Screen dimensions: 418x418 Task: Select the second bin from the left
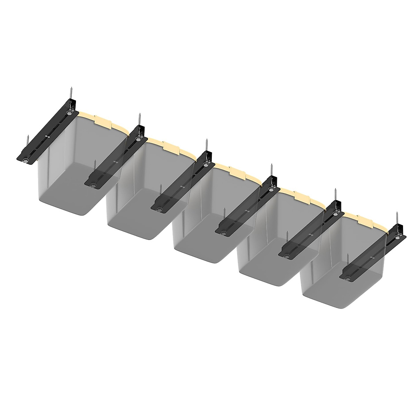click(x=139, y=209)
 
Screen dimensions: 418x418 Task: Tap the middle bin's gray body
click(x=202, y=237)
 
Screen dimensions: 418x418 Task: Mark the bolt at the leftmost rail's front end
click(x=26, y=160)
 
